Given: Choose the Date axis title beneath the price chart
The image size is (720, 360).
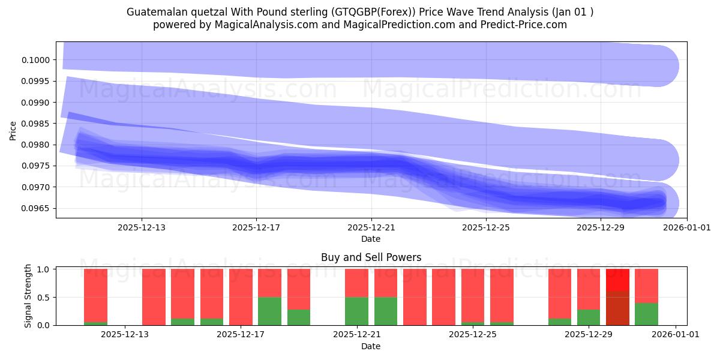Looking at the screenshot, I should click(371, 239).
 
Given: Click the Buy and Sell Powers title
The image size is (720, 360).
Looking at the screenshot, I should click(371, 257).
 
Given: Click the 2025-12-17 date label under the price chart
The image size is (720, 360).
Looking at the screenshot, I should click(256, 227).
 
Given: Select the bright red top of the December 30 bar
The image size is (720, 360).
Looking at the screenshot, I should click(617, 280).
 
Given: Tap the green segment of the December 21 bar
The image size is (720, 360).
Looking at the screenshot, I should click(356, 311).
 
